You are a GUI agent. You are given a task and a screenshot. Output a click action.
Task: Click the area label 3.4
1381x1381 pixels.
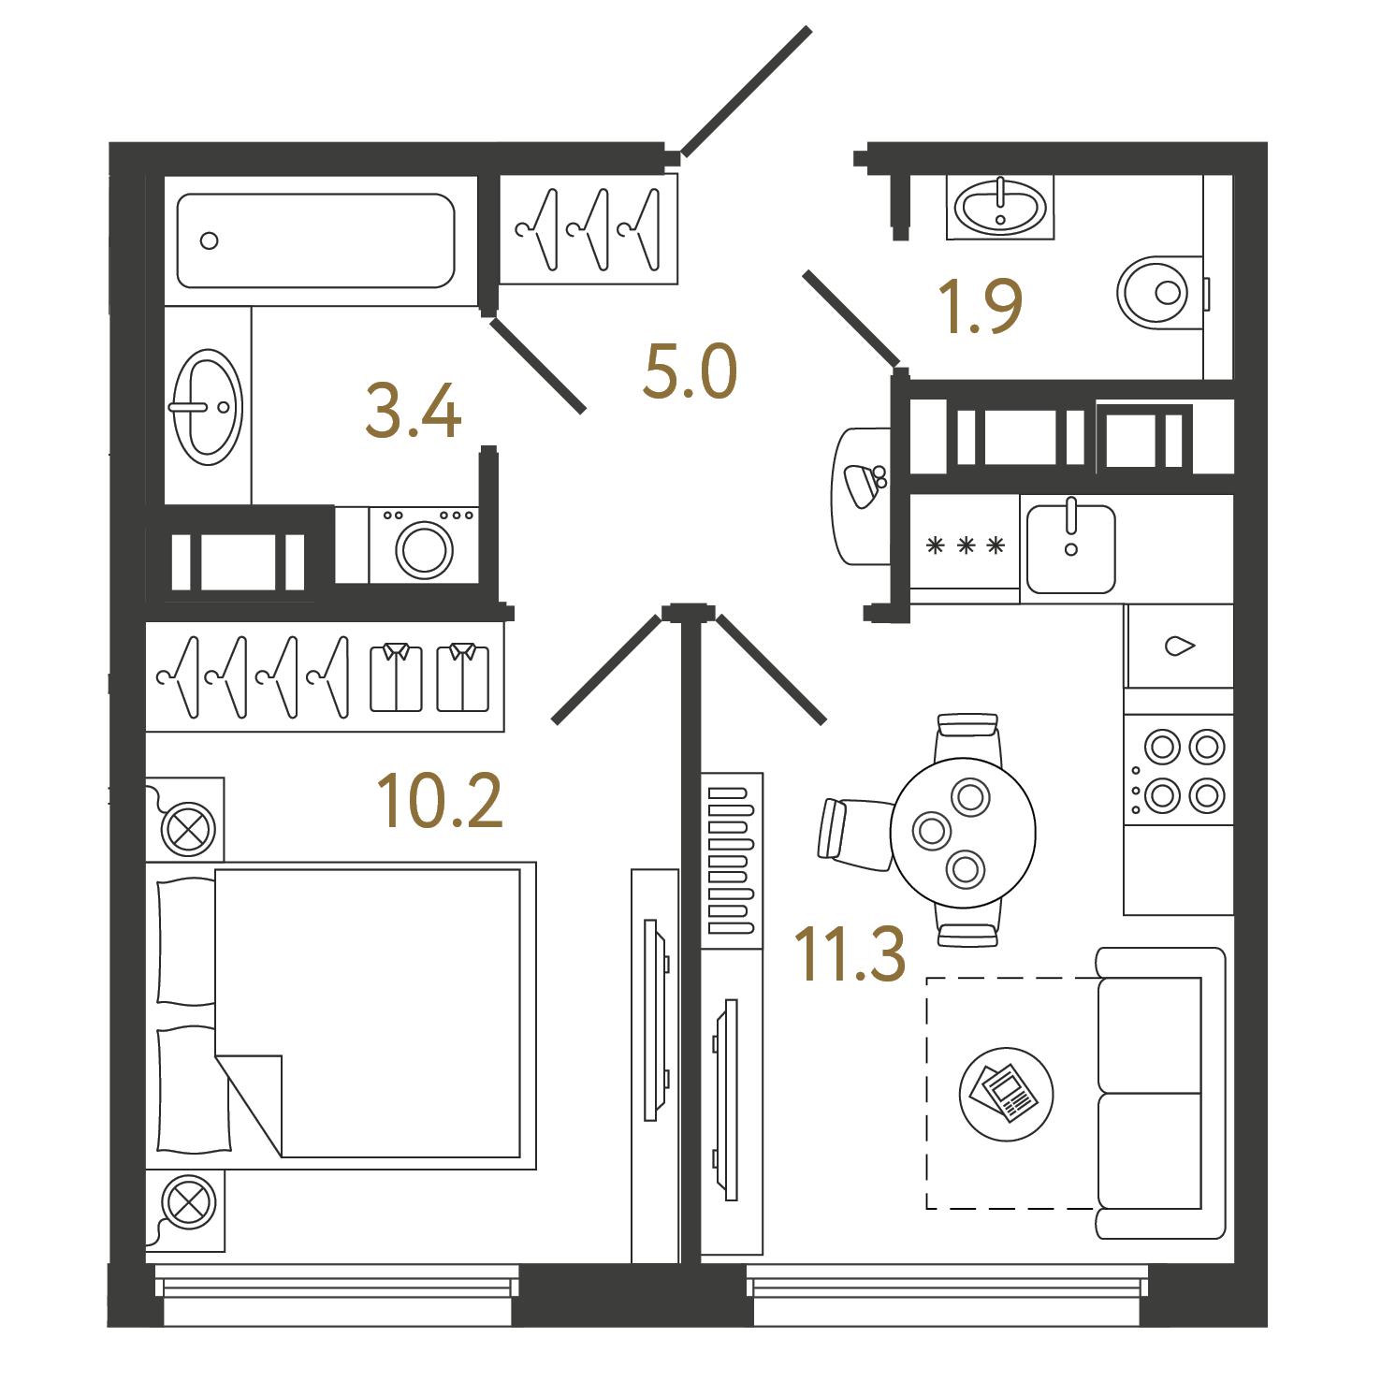tap(414, 411)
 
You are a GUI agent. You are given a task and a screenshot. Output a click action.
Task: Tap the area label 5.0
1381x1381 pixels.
tap(690, 371)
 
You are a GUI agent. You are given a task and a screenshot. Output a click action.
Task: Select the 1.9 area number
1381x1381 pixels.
tap(980, 306)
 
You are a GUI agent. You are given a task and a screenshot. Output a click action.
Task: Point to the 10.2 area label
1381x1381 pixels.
tap(440, 801)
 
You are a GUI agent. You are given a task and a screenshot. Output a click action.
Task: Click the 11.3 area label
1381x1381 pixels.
tap(850, 953)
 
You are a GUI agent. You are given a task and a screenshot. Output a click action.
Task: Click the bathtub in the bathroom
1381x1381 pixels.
tap(316, 240)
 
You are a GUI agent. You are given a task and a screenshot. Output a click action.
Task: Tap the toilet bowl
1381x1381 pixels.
tap(1160, 292)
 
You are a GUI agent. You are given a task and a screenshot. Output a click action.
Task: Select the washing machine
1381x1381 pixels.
tap(424, 545)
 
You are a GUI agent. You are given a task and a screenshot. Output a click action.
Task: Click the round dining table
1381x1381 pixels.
tap(963, 832)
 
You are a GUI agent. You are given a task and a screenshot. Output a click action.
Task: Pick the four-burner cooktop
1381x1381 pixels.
tap(1179, 771)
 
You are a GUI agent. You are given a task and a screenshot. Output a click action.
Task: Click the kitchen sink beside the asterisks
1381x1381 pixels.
tap(1071, 549)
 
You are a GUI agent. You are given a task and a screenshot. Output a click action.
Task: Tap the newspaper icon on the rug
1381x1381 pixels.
tap(1006, 1094)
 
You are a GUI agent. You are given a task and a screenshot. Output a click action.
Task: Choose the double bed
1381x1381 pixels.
tap(341, 1015)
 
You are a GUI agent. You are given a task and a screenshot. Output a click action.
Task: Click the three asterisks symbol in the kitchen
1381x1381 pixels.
tap(965, 545)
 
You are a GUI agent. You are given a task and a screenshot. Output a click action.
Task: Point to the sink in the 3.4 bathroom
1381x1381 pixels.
tap(208, 407)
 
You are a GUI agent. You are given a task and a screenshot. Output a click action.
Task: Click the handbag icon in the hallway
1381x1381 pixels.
tap(865, 484)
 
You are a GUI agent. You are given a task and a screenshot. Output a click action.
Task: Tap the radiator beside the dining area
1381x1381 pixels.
tap(732, 861)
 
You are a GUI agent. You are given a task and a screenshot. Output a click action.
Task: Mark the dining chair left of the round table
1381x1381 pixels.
tap(855, 833)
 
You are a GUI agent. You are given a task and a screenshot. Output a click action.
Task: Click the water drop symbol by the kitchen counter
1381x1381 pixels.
tap(1180, 646)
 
